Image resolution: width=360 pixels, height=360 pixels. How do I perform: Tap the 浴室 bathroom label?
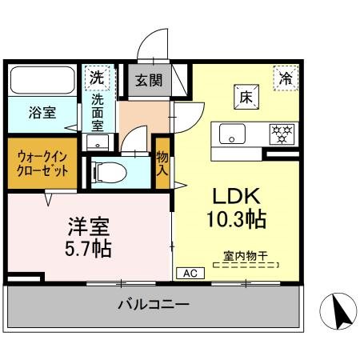coord(43,113)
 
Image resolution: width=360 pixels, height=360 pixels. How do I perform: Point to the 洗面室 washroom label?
coord(97,113)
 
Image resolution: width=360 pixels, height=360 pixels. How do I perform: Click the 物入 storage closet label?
coord(162,162)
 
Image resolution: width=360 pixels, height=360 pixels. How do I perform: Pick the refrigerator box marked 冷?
coord(284,78)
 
